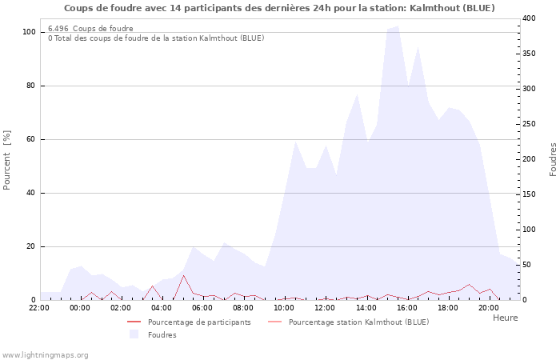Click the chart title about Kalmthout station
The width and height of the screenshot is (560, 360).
(278, 8)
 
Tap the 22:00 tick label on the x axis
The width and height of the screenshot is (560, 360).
(39, 307)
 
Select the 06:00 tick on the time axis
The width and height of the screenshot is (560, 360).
(203, 307)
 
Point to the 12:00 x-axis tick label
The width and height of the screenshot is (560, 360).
(326, 307)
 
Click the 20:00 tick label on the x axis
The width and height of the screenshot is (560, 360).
(489, 307)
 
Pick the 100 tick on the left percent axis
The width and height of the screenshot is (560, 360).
(29, 32)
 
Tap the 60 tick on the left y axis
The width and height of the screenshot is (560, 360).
(31, 139)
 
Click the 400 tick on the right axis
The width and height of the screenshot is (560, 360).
(530, 18)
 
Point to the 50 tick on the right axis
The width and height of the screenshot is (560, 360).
(527, 265)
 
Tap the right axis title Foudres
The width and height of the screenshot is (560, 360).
(553, 159)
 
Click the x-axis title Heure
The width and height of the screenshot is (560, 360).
(505, 318)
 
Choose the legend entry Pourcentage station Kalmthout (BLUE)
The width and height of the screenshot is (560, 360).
(358, 322)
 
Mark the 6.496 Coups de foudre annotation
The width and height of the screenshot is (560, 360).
(90, 29)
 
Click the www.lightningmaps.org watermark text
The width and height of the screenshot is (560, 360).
(45, 354)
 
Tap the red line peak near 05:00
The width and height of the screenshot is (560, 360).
(183, 276)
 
